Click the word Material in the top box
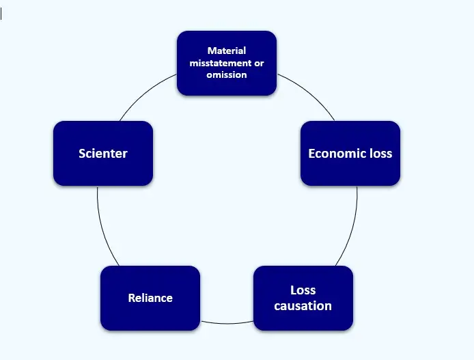227,51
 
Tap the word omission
227,74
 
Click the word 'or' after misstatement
258,63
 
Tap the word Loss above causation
303,290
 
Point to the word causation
303,305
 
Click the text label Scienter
102,153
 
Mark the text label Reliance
150,298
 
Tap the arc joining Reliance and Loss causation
227,323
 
